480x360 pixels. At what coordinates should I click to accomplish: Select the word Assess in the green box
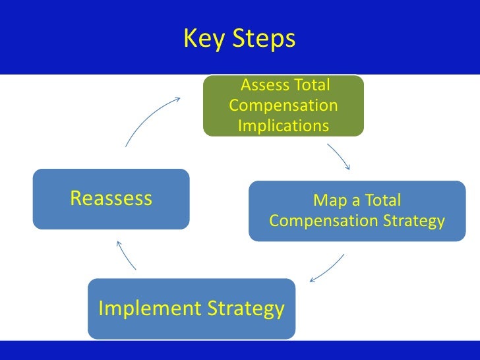[x=263, y=85]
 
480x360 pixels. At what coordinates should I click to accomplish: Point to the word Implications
[x=283, y=125]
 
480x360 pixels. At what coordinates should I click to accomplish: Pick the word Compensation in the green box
[x=283, y=105]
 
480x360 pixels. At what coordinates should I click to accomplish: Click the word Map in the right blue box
[x=328, y=200]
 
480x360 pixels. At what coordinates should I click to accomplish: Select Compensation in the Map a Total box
[x=323, y=221]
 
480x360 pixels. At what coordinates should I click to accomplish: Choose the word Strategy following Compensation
[x=413, y=221]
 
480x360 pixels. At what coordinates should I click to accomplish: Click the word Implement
[x=150, y=309]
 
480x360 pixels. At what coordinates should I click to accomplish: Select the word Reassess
[x=111, y=198]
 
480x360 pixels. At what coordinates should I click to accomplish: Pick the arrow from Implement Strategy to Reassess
[x=126, y=255]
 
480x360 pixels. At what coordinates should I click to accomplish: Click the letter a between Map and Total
[x=350, y=200]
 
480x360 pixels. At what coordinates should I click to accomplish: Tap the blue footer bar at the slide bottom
[x=240, y=350]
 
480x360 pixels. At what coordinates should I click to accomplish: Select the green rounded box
[x=283, y=105]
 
